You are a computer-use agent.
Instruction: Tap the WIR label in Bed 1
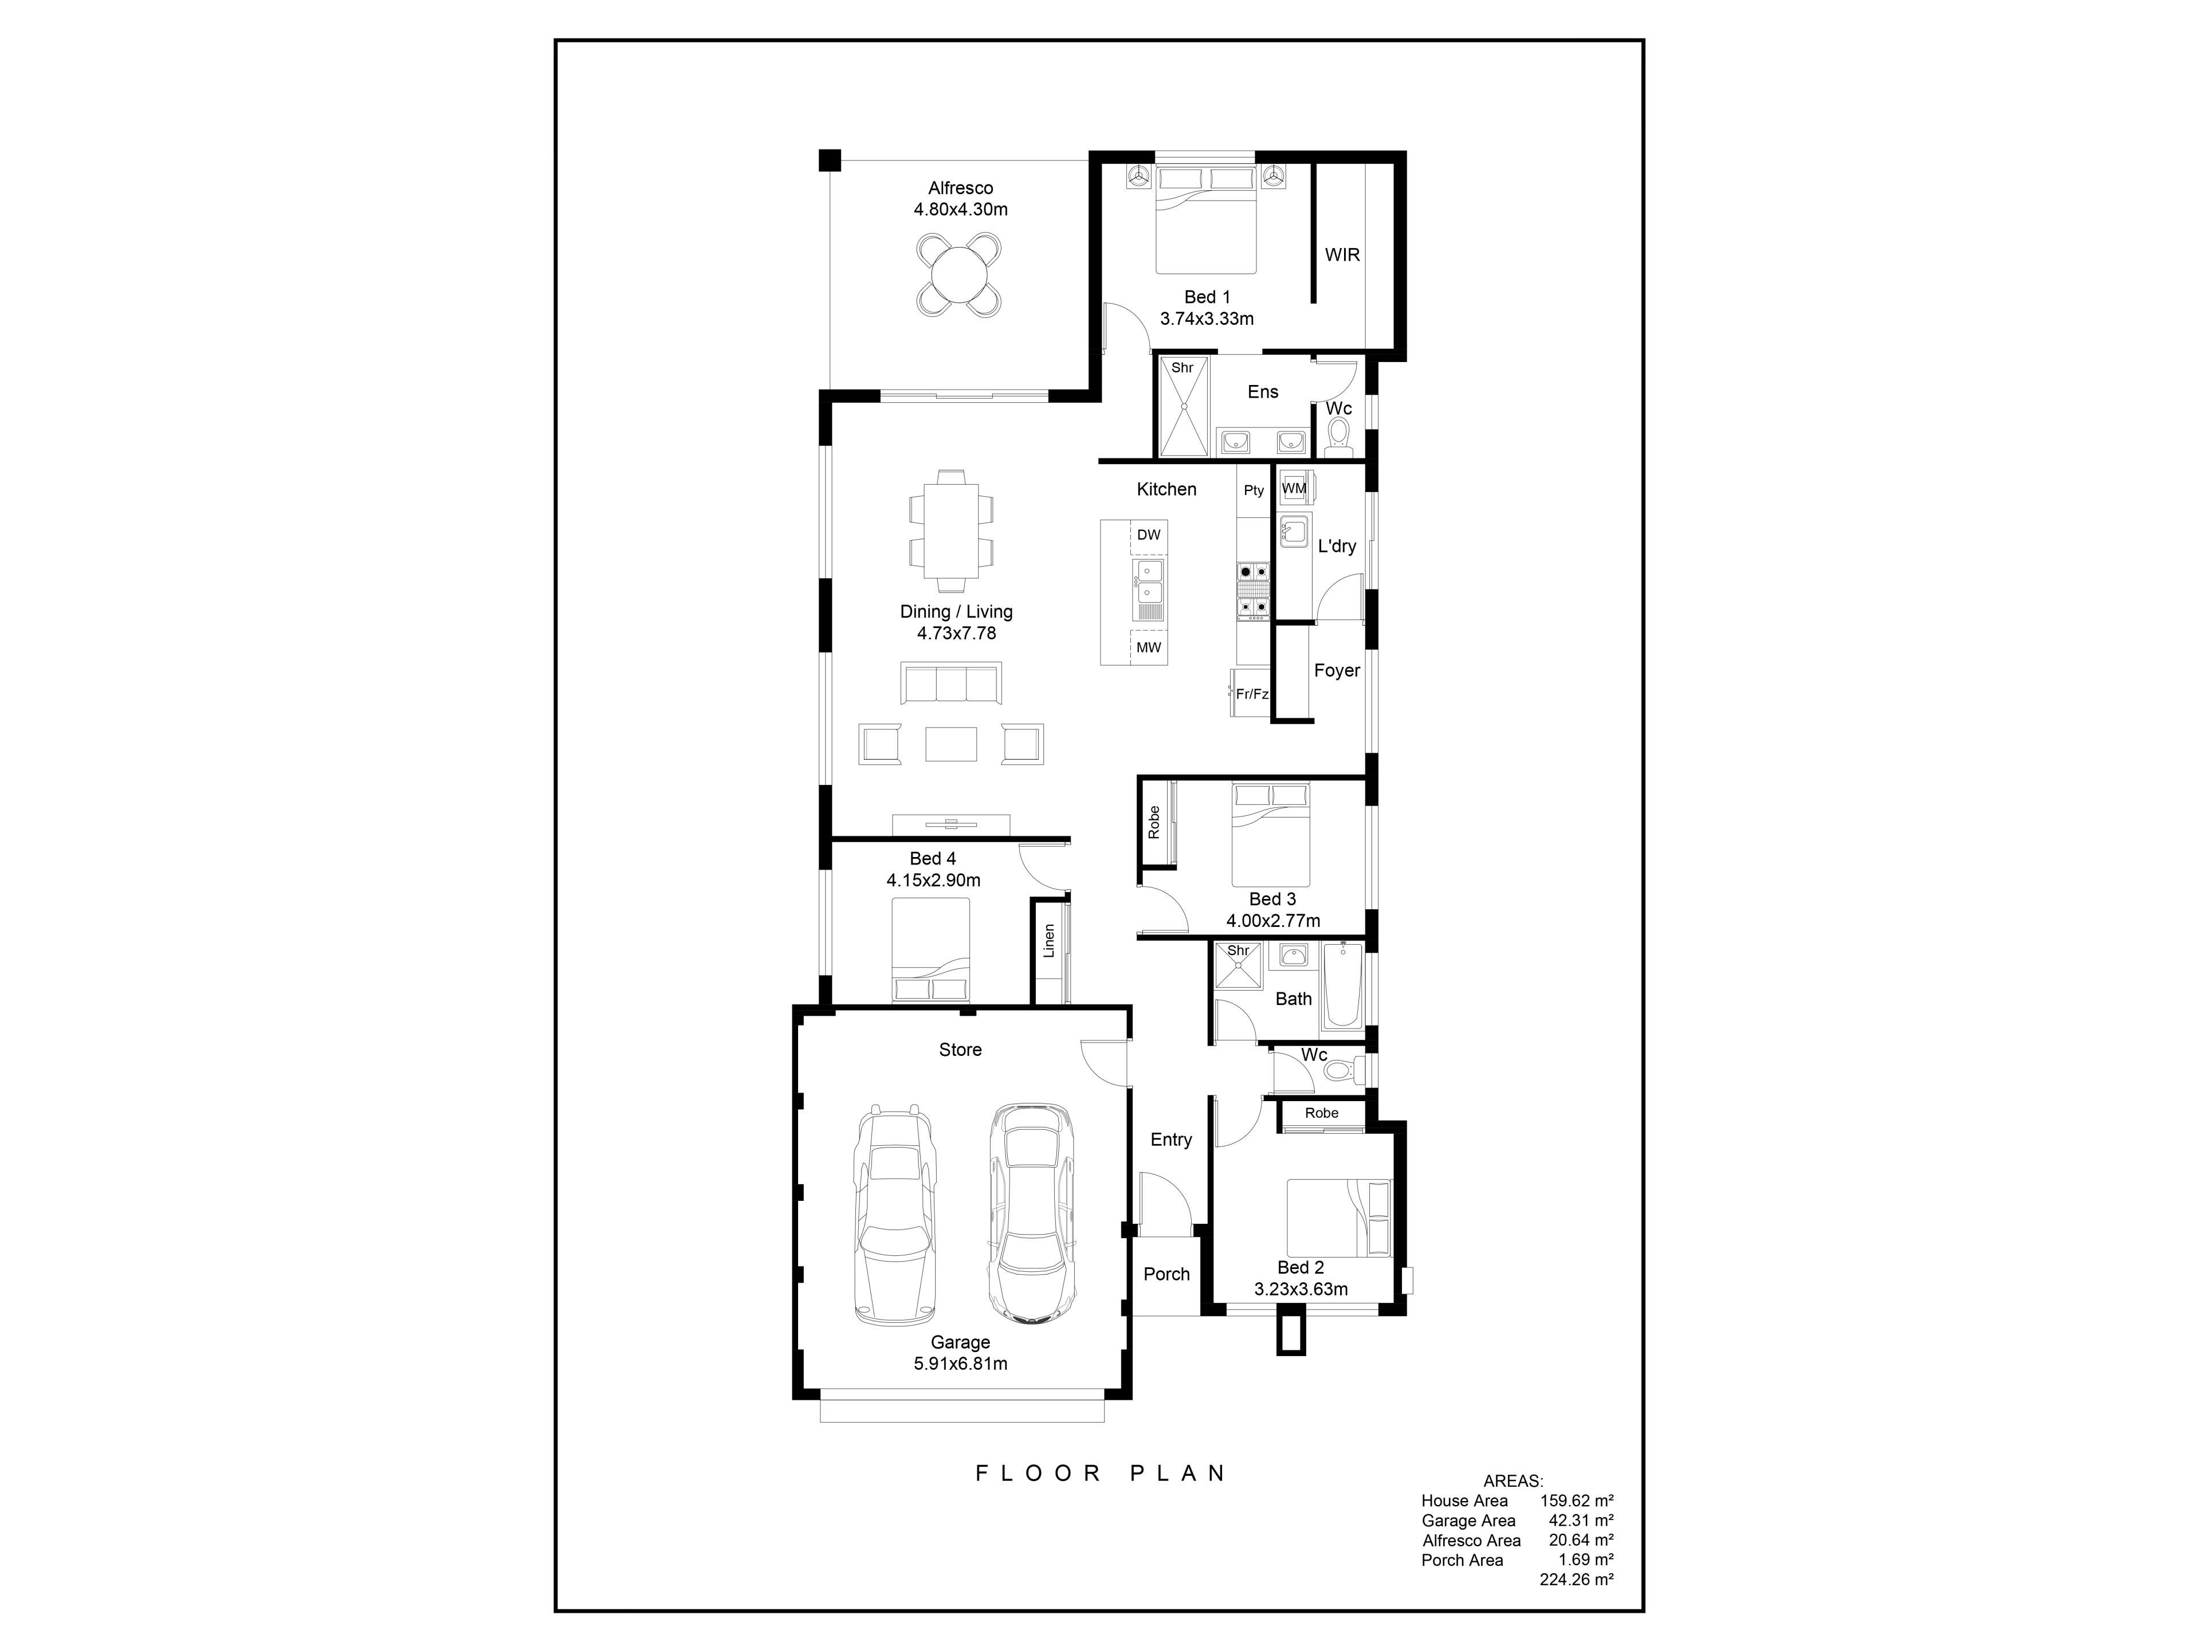[x=1342, y=254]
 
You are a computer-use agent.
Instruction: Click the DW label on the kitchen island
[x=1149, y=535]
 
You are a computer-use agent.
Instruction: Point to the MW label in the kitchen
[x=1149, y=647]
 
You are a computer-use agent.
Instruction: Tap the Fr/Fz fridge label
[x=1252, y=694]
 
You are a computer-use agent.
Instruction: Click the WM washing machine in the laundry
[x=1295, y=488]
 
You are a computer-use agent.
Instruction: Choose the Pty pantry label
[x=1254, y=490]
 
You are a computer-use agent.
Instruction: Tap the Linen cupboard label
[x=1048, y=941]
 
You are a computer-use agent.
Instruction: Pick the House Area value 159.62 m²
[x=1577, y=1501]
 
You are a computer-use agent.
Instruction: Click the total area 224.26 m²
[x=1577, y=1580]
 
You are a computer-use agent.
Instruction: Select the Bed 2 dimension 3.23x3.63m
[x=1301, y=1289]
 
